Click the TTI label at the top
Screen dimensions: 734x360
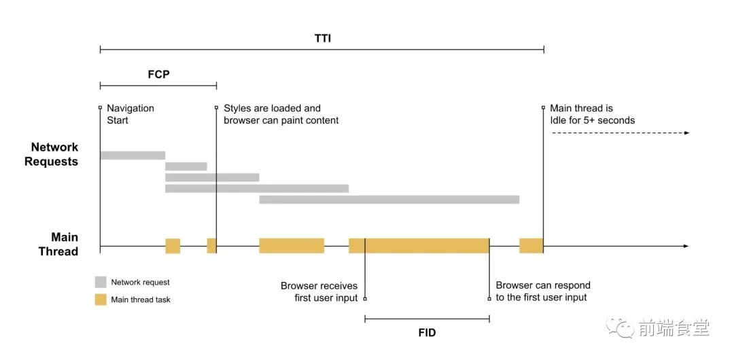tap(323, 39)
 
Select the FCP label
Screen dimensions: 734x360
tap(158, 75)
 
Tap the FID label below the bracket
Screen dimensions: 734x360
tap(427, 333)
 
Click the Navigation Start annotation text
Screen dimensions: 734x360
tap(130, 114)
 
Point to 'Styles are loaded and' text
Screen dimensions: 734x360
tap(272, 108)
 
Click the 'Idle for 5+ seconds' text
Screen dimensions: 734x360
tap(593, 120)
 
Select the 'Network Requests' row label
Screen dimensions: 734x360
tap(51, 154)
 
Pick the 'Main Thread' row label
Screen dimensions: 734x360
tap(58, 245)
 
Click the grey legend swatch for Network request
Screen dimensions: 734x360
tap(101, 283)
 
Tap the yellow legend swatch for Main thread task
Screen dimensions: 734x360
tap(101, 300)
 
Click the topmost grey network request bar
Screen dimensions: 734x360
tap(133, 156)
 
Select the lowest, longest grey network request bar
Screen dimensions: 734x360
tap(389, 200)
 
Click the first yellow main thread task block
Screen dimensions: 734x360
tap(173, 246)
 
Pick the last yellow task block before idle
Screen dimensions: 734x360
tap(531, 246)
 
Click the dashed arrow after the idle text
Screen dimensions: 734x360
tap(621, 133)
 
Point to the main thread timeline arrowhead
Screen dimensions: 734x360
tap(686, 246)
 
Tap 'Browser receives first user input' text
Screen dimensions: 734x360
tap(319, 291)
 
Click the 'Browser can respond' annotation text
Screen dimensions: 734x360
tap(543, 285)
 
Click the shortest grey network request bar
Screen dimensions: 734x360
tap(186, 166)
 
